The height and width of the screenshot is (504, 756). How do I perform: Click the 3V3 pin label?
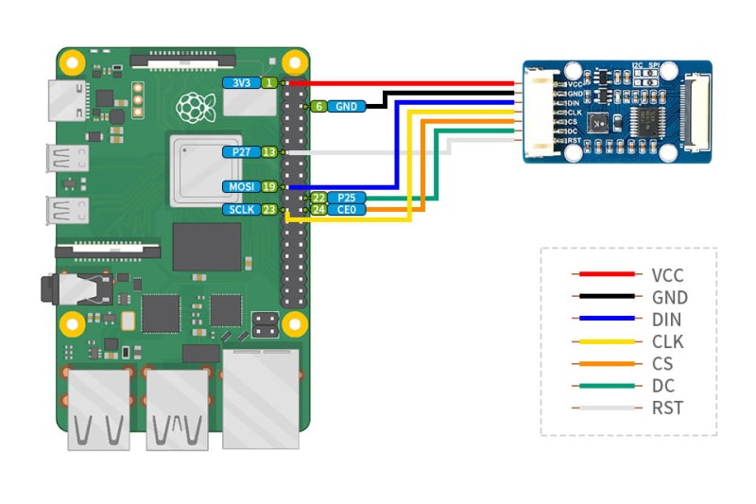[x=241, y=83]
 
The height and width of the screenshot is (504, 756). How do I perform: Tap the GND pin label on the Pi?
[x=347, y=106]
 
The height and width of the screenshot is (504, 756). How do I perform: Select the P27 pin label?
[x=240, y=151]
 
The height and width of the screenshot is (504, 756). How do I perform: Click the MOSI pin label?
[x=239, y=186]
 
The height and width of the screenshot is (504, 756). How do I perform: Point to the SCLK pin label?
[x=239, y=210]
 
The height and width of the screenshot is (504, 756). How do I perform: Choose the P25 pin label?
[x=346, y=198]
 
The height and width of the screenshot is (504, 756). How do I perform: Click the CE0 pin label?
[x=346, y=210]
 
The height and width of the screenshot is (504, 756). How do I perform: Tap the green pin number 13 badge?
[x=269, y=151]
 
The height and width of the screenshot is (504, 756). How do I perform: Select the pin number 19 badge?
[x=269, y=186]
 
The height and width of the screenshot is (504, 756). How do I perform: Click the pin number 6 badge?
[x=319, y=106]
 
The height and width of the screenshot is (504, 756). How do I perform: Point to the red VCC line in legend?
[x=606, y=275]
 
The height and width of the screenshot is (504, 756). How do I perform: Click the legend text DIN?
[x=666, y=320]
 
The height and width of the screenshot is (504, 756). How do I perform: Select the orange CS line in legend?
[x=606, y=364]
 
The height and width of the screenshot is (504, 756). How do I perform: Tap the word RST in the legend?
[x=667, y=408]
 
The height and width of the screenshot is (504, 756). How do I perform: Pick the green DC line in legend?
[x=606, y=386]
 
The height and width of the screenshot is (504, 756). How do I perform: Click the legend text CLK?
[x=667, y=341]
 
